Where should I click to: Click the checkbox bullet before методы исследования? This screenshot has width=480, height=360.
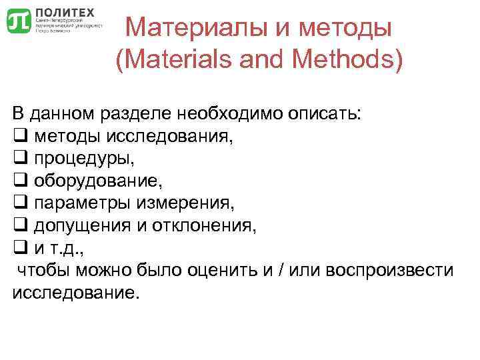[19, 137]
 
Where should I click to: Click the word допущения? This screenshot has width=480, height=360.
[82, 225]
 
